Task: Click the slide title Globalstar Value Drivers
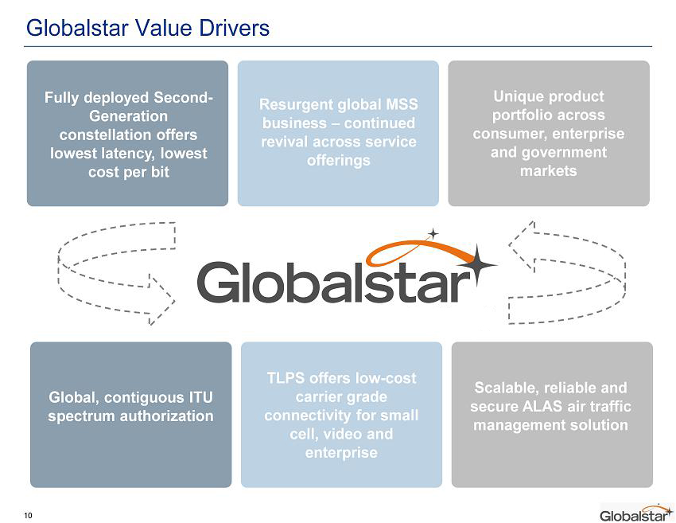(148, 28)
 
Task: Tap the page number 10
(28, 515)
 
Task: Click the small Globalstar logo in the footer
(636, 513)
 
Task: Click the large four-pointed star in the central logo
(477, 264)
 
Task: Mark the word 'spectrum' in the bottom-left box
(82, 416)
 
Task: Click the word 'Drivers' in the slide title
(234, 28)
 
